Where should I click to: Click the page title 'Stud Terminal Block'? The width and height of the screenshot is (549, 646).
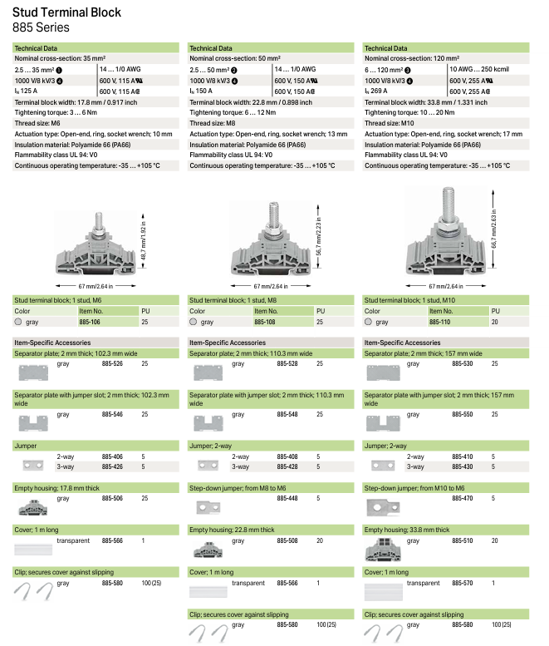click(x=66, y=12)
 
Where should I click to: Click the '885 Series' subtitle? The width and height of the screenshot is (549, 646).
click(x=41, y=27)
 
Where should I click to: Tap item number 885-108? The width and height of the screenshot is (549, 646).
click(x=287, y=321)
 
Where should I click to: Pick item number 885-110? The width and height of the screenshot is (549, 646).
click(x=462, y=321)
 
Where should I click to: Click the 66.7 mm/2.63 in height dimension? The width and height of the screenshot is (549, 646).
click(x=495, y=225)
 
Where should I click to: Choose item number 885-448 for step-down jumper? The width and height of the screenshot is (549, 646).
click(x=287, y=498)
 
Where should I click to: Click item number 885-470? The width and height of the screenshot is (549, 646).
click(x=462, y=498)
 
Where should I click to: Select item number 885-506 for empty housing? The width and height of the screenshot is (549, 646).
click(x=112, y=498)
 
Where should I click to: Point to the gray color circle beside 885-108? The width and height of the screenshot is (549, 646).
click(x=194, y=321)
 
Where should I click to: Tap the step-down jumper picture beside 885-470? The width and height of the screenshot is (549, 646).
click(x=381, y=505)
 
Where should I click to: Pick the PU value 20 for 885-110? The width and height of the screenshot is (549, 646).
click(x=495, y=321)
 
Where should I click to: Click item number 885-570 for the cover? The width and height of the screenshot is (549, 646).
click(x=462, y=584)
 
